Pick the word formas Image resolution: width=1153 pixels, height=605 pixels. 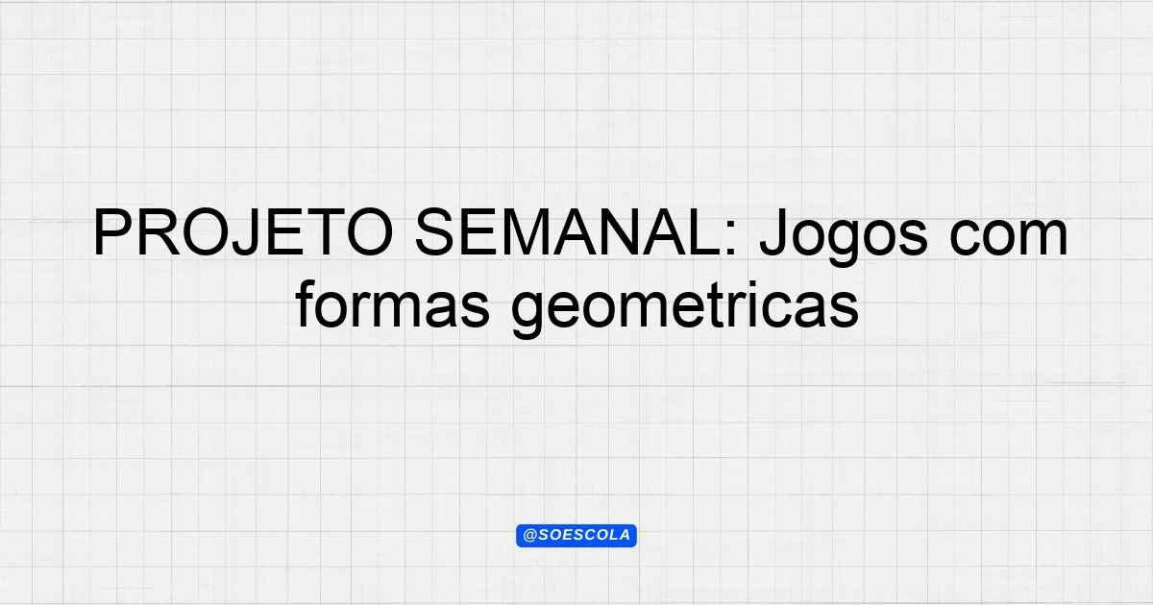click(x=392, y=304)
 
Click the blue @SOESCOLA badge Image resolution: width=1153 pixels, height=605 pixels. click(x=576, y=536)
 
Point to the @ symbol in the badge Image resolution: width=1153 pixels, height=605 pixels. click(x=529, y=536)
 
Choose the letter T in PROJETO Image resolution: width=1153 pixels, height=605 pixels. click(x=327, y=233)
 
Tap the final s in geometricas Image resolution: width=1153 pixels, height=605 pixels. click(x=844, y=311)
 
